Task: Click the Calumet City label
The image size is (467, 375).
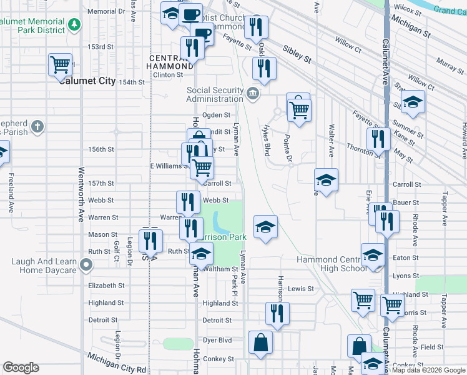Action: click(x=87, y=81)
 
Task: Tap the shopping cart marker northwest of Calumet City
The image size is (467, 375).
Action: click(x=61, y=64)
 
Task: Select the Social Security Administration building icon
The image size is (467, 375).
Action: click(x=252, y=94)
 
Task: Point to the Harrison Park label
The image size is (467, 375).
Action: click(x=222, y=237)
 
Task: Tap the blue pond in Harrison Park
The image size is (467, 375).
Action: click(x=218, y=220)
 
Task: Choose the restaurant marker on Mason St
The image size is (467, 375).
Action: click(x=150, y=239)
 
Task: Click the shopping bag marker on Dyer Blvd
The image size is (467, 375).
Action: click(x=260, y=342)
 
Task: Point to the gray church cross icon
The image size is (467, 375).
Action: click(x=37, y=127)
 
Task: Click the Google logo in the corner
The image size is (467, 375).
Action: click(x=21, y=367)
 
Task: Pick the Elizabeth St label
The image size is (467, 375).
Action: click(x=106, y=286)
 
